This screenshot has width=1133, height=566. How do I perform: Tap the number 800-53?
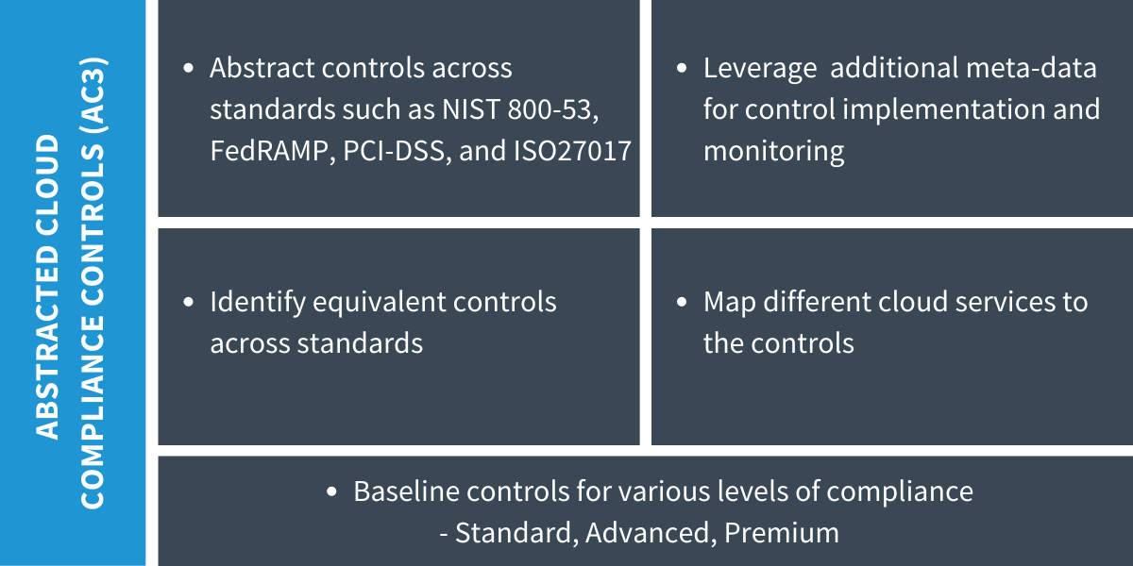[x=553, y=110]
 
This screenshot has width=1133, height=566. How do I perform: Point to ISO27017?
[x=572, y=151]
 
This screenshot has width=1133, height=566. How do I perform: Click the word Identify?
[x=257, y=303]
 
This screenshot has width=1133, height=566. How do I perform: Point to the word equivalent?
[x=379, y=303]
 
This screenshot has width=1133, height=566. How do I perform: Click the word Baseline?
[x=406, y=491]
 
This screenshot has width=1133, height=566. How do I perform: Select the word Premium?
[x=782, y=533]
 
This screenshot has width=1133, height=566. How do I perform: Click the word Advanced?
[x=651, y=534]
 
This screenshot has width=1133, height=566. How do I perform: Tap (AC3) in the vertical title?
[x=93, y=94]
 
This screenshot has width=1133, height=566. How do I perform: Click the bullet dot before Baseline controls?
[x=331, y=491]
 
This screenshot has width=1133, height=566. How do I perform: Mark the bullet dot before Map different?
[x=682, y=302]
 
